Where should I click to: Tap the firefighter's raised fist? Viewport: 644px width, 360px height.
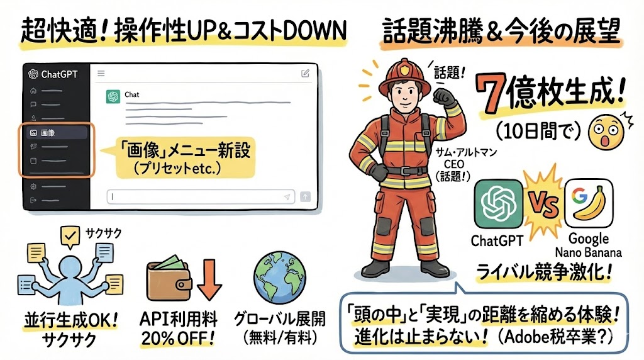445,98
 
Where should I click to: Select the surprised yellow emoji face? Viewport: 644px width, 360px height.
606,132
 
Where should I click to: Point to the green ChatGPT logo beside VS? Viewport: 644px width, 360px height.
499,204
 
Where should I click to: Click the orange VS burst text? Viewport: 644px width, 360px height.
543,204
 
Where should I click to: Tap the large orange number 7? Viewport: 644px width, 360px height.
491,95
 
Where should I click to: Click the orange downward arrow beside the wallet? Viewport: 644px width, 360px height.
209,279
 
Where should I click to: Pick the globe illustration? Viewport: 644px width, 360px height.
280,278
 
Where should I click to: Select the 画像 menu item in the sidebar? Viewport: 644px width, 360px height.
56,133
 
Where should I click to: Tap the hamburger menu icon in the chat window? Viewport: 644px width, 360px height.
101,74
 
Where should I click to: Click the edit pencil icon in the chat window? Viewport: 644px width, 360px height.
305,73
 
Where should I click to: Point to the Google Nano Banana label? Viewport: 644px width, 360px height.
589,245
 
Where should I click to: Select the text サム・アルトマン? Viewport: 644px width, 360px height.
466,152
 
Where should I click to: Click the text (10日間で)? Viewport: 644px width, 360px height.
538,132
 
